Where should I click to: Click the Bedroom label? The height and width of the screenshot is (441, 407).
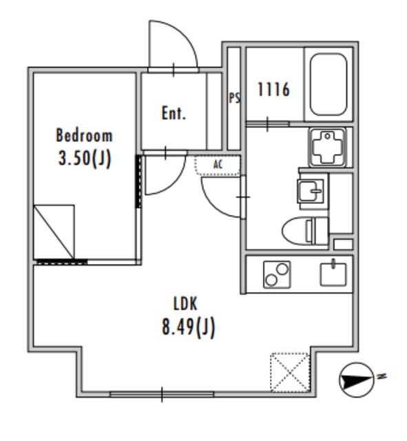tap(84, 135)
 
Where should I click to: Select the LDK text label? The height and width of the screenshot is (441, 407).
tap(185, 304)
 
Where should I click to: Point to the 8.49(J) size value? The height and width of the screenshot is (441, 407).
tap(188, 327)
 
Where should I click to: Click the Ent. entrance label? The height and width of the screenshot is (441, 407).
tap(174, 113)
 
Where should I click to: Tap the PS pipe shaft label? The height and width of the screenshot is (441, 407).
tap(234, 98)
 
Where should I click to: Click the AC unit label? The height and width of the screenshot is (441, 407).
tap(218, 165)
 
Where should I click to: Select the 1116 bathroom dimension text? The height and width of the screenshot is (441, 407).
tap(273, 90)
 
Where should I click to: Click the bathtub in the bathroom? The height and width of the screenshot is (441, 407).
tap(328, 84)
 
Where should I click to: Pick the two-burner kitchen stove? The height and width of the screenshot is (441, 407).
tap(277, 274)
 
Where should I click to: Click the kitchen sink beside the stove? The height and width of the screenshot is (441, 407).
tap(333, 274)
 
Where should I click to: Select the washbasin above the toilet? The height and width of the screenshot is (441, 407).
tap(311, 191)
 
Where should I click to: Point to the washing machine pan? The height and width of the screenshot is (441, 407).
tap(328, 147)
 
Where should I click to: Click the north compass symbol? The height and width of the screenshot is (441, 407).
tap(357, 380)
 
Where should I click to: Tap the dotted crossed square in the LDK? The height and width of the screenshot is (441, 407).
tap(290, 372)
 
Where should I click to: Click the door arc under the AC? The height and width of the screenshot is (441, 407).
tap(213, 203)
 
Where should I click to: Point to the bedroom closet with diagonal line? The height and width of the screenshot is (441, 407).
tap(54, 232)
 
